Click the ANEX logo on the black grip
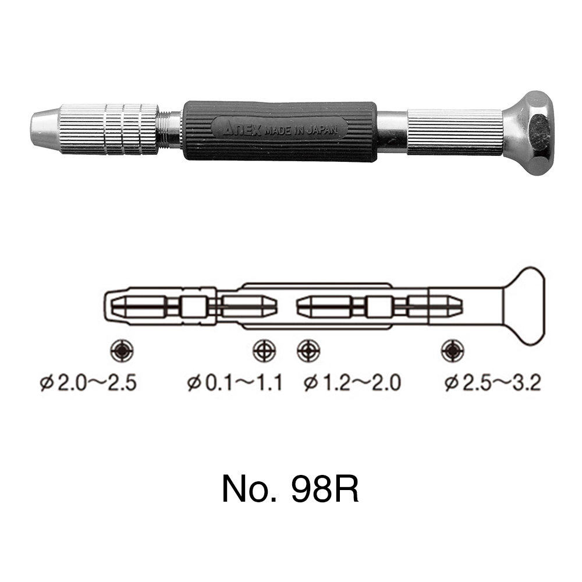[243, 130]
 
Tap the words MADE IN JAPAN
[301, 130]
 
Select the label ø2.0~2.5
[88, 383]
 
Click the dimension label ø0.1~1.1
[235, 383]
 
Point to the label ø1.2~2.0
[352, 383]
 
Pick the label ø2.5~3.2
[492, 383]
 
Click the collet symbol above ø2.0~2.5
[122, 350]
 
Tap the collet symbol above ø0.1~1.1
[264, 350]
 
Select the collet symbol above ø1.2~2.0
[308, 350]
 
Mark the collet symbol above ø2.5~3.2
[452, 350]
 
